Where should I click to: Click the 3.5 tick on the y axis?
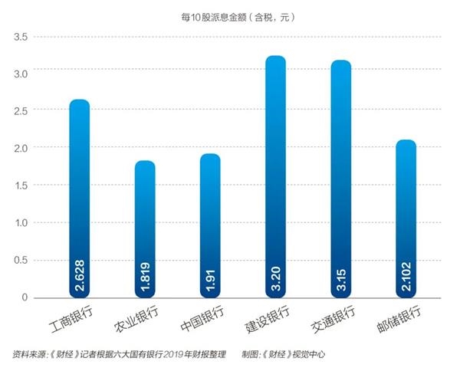tap(21, 37)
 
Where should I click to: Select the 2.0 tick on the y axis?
tap(21, 148)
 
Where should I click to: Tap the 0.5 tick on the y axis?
tap(21, 260)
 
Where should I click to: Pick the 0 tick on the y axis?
tap(25, 297)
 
